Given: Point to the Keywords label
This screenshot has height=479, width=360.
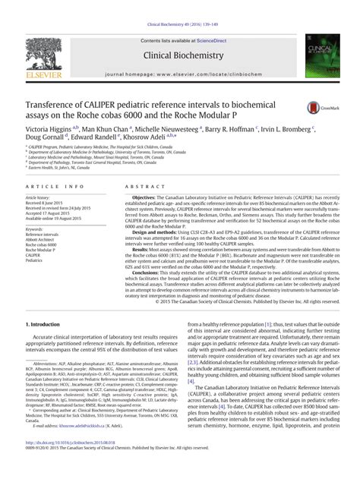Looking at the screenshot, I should pos(34,228).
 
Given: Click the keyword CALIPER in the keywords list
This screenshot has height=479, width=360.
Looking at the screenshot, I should pos(34,256).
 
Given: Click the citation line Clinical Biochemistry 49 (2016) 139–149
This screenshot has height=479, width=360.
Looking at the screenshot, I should pos(179,5).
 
